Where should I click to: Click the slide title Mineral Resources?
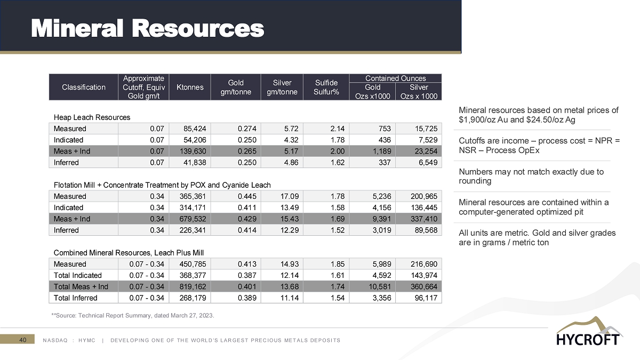tap(148, 28)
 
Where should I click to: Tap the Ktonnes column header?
tap(189, 87)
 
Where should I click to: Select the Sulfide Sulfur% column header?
tap(325, 87)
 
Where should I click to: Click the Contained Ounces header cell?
tap(395, 78)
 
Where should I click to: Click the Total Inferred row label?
tap(76, 298)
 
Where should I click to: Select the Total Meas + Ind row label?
tap(81, 287)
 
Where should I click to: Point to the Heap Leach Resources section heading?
tap(92, 117)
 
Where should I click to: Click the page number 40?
tap(23, 339)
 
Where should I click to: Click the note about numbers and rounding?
tap(531, 176)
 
